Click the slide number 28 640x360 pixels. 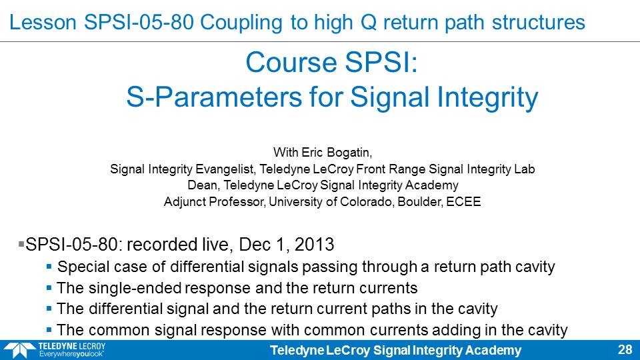coord(625,350)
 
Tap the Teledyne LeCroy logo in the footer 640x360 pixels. coord(55,350)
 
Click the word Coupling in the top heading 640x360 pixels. coord(241,22)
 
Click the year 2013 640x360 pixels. coord(314,245)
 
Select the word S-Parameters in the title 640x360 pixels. coord(214,97)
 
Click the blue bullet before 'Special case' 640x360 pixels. coord(49,267)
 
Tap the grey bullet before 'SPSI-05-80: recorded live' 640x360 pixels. coord(21,244)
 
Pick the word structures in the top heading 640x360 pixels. coord(539,22)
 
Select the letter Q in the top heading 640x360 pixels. coord(369,23)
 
